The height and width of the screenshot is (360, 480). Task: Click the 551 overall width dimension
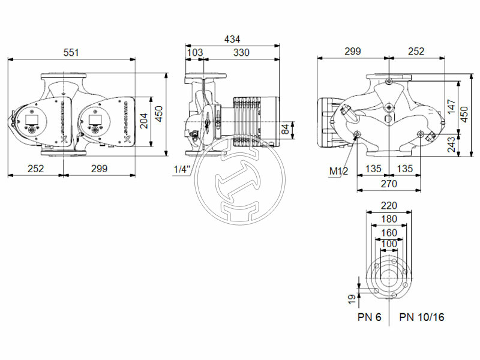[71, 53]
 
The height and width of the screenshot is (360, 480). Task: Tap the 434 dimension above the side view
[232, 39]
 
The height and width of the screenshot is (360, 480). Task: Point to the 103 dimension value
[194, 53]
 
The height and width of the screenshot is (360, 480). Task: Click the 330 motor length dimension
[241, 53]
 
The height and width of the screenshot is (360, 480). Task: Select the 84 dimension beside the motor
[289, 128]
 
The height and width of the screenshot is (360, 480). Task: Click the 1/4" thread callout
[182, 169]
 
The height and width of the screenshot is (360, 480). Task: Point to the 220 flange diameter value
[389, 205]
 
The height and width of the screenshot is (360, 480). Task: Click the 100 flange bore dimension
[389, 244]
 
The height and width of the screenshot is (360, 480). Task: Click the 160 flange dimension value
[389, 232]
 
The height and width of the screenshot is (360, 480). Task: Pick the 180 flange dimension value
[389, 218]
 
